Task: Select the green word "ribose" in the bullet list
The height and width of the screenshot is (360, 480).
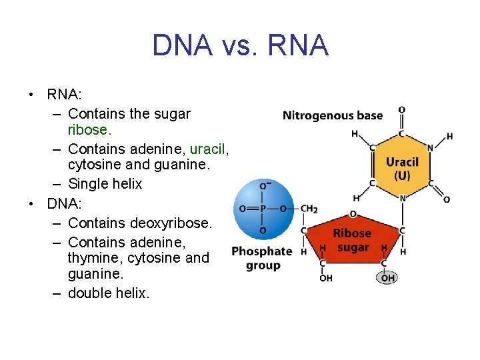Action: pyautogui.click(x=88, y=129)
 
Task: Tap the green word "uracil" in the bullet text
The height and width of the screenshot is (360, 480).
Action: pyautogui.click(x=209, y=149)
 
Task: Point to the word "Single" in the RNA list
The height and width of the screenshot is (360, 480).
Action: pyautogui.click(x=89, y=183)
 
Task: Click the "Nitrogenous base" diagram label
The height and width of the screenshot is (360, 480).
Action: pyautogui.click(x=332, y=115)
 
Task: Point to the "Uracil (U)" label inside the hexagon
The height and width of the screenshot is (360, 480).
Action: pyautogui.click(x=402, y=169)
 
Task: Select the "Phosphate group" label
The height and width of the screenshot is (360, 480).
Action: pyautogui.click(x=262, y=258)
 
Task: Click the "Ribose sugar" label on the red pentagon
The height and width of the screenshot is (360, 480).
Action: pyautogui.click(x=352, y=240)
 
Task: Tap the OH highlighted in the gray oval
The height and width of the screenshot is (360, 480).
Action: pyautogui.click(x=387, y=277)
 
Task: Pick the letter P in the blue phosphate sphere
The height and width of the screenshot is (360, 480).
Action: pyautogui.click(x=263, y=208)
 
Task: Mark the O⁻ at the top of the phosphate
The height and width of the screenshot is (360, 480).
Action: pyautogui.click(x=265, y=186)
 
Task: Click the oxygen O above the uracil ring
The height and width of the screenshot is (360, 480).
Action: pyautogui.click(x=401, y=110)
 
